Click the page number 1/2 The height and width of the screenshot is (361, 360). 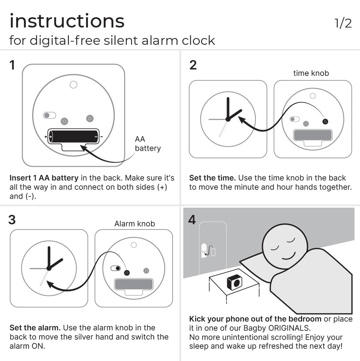coord(343,23)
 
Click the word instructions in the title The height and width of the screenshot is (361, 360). coord(67,21)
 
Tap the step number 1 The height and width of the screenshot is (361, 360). coord(12,65)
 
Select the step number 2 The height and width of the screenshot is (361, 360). coord(193,65)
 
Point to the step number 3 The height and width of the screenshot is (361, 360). coord(12,220)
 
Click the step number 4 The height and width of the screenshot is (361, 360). coord(192,220)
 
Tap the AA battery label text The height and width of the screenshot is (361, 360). coord(148,144)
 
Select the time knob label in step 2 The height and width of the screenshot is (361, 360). coord(311,73)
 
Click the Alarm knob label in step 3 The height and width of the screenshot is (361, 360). coord(134,224)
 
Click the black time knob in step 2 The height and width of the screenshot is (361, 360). coord(325,122)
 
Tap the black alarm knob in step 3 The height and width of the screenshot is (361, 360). coord(126,273)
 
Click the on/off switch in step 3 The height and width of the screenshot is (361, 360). coord(115,269)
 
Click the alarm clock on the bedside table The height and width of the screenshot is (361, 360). coord(234,282)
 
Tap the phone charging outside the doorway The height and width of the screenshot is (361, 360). coord(213,252)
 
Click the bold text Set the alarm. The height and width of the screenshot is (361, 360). coord(35,328)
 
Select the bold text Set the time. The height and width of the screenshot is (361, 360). coord(212,178)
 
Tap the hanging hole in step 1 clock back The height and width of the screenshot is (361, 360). coord(73,85)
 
